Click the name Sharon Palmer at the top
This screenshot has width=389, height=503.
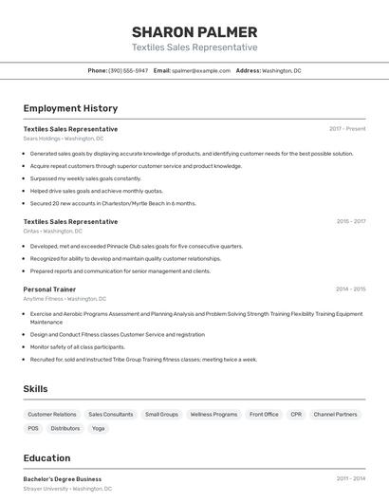tap(194, 31)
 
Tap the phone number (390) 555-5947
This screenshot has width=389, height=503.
tap(128, 70)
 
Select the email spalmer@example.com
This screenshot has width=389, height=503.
tap(201, 70)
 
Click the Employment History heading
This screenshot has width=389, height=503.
tap(70, 108)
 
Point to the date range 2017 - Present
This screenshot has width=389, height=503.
tap(347, 129)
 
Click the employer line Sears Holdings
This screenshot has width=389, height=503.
tap(64, 139)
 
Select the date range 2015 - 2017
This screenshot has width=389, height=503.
tap(350, 222)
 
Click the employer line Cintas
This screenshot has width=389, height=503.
tap(52, 232)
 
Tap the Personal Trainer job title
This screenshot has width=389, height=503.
tap(49, 289)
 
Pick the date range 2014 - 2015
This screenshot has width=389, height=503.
tap(350, 289)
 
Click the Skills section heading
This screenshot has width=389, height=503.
tap(35, 389)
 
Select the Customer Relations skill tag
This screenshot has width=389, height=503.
tap(52, 415)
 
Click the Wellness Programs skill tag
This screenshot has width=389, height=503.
tap(213, 415)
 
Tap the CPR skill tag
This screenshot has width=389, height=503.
tap(296, 415)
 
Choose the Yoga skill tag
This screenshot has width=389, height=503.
tap(99, 429)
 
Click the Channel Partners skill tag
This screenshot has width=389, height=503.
tap(335, 415)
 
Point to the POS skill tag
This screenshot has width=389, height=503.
tap(33, 429)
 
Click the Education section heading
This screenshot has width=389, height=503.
tap(46, 457)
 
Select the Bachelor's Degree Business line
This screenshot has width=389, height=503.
tap(62, 479)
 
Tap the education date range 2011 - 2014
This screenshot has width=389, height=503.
tap(350, 479)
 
